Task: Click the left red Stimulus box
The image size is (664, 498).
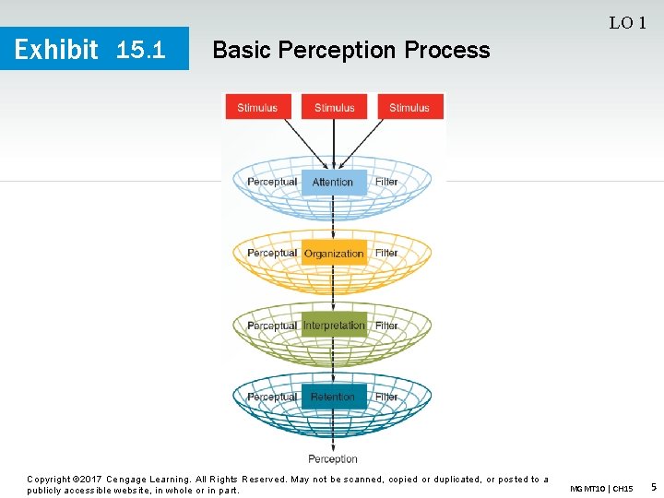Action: pyautogui.click(x=257, y=107)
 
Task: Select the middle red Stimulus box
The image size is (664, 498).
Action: pyautogui.click(x=334, y=107)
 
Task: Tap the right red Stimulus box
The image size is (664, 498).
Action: pyautogui.click(x=409, y=107)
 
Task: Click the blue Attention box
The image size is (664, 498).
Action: pyautogui.click(x=333, y=182)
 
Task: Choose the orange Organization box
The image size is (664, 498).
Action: pyautogui.click(x=334, y=254)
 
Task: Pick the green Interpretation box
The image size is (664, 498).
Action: pyautogui.click(x=334, y=326)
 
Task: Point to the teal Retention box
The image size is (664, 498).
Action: pyautogui.click(x=333, y=397)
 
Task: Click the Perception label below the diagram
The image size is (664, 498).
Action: pyautogui.click(x=333, y=458)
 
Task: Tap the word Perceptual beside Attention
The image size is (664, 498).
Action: pyautogui.click(x=272, y=182)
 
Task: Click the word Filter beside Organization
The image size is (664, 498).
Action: pyautogui.click(x=386, y=254)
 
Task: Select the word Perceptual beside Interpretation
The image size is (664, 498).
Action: pyautogui.click(x=272, y=326)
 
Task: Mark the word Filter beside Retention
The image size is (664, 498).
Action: pyautogui.click(x=386, y=397)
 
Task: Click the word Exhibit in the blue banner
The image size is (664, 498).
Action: pyautogui.click(x=57, y=50)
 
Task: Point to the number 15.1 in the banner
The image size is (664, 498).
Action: pyautogui.click(x=141, y=50)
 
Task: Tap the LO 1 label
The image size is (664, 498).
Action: pyautogui.click(x=627, y=23)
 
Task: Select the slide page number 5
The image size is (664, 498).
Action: pyautogui.click(x=653, y=486)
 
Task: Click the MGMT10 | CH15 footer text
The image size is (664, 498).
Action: pyautogui.click(x=601, y=488)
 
